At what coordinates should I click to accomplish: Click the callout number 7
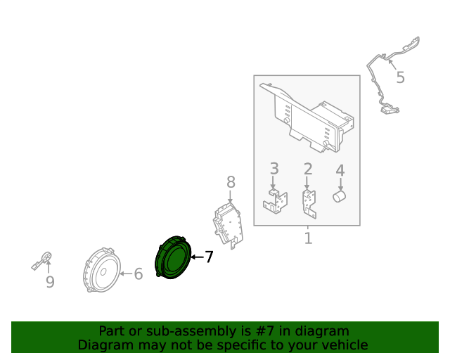pos(208,257)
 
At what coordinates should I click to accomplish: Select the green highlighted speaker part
pos(172,258)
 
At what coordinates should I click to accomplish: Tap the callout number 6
pos(138,274)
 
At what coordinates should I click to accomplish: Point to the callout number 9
pos(50,282)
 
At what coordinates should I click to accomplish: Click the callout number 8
pos(231,183)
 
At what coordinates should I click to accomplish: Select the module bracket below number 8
pos(228,223)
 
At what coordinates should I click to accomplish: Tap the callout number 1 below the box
pos(307,238)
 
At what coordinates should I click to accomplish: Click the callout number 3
pos(274,169)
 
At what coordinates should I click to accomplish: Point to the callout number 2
pos(307,169)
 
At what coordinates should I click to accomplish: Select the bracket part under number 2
pos(307,202)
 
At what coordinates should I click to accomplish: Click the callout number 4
pos(340,170)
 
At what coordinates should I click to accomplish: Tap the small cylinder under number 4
pos(340,195)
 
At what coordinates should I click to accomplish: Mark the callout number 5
pos(400,77)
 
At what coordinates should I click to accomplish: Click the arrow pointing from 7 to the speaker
pos(196,258)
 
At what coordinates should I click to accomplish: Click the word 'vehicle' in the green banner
pos(343,345)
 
